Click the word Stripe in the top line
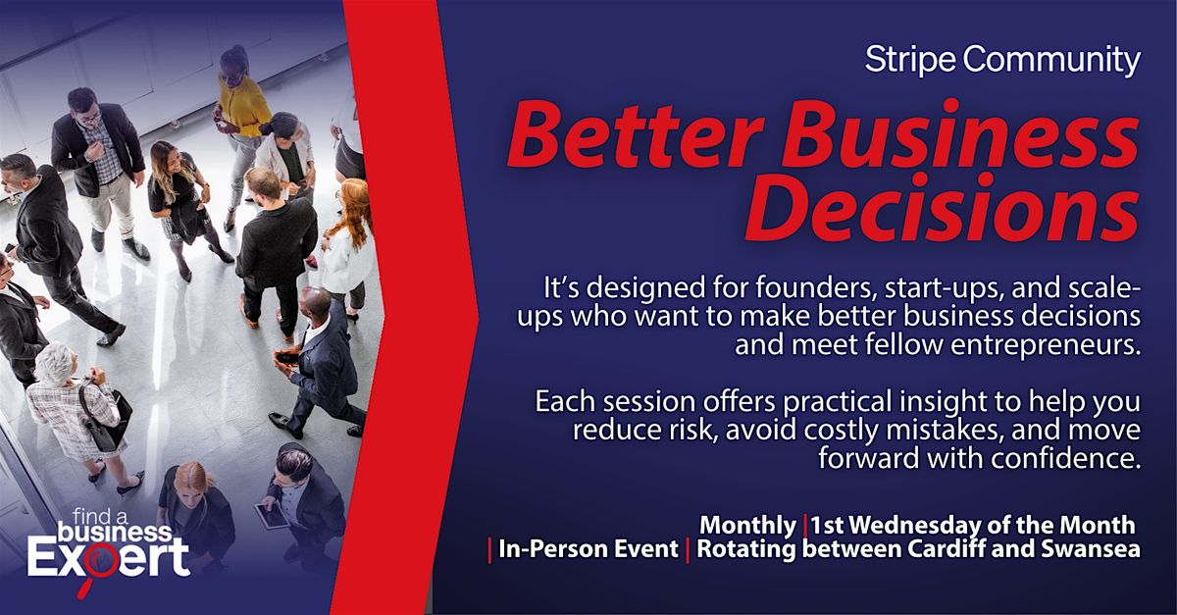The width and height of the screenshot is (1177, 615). coord(910,60)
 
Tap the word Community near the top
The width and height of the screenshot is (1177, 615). coord(1051,60)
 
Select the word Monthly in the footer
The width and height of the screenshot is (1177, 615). coord(747,526)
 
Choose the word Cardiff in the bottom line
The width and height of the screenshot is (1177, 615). coord(947,549)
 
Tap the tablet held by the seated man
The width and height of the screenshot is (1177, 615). coord(271,516)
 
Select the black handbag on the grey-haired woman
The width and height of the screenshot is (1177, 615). coord(105,420)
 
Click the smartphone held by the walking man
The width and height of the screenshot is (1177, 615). coord(285,358)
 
